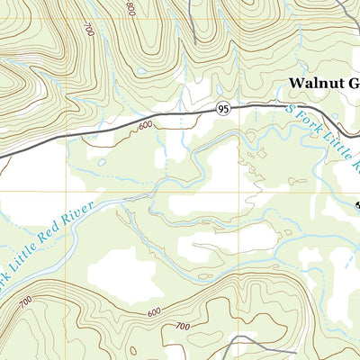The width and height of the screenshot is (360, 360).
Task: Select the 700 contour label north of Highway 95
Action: click(x=87, y=31)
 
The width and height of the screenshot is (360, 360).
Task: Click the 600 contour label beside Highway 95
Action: click(x=146, y=126)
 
